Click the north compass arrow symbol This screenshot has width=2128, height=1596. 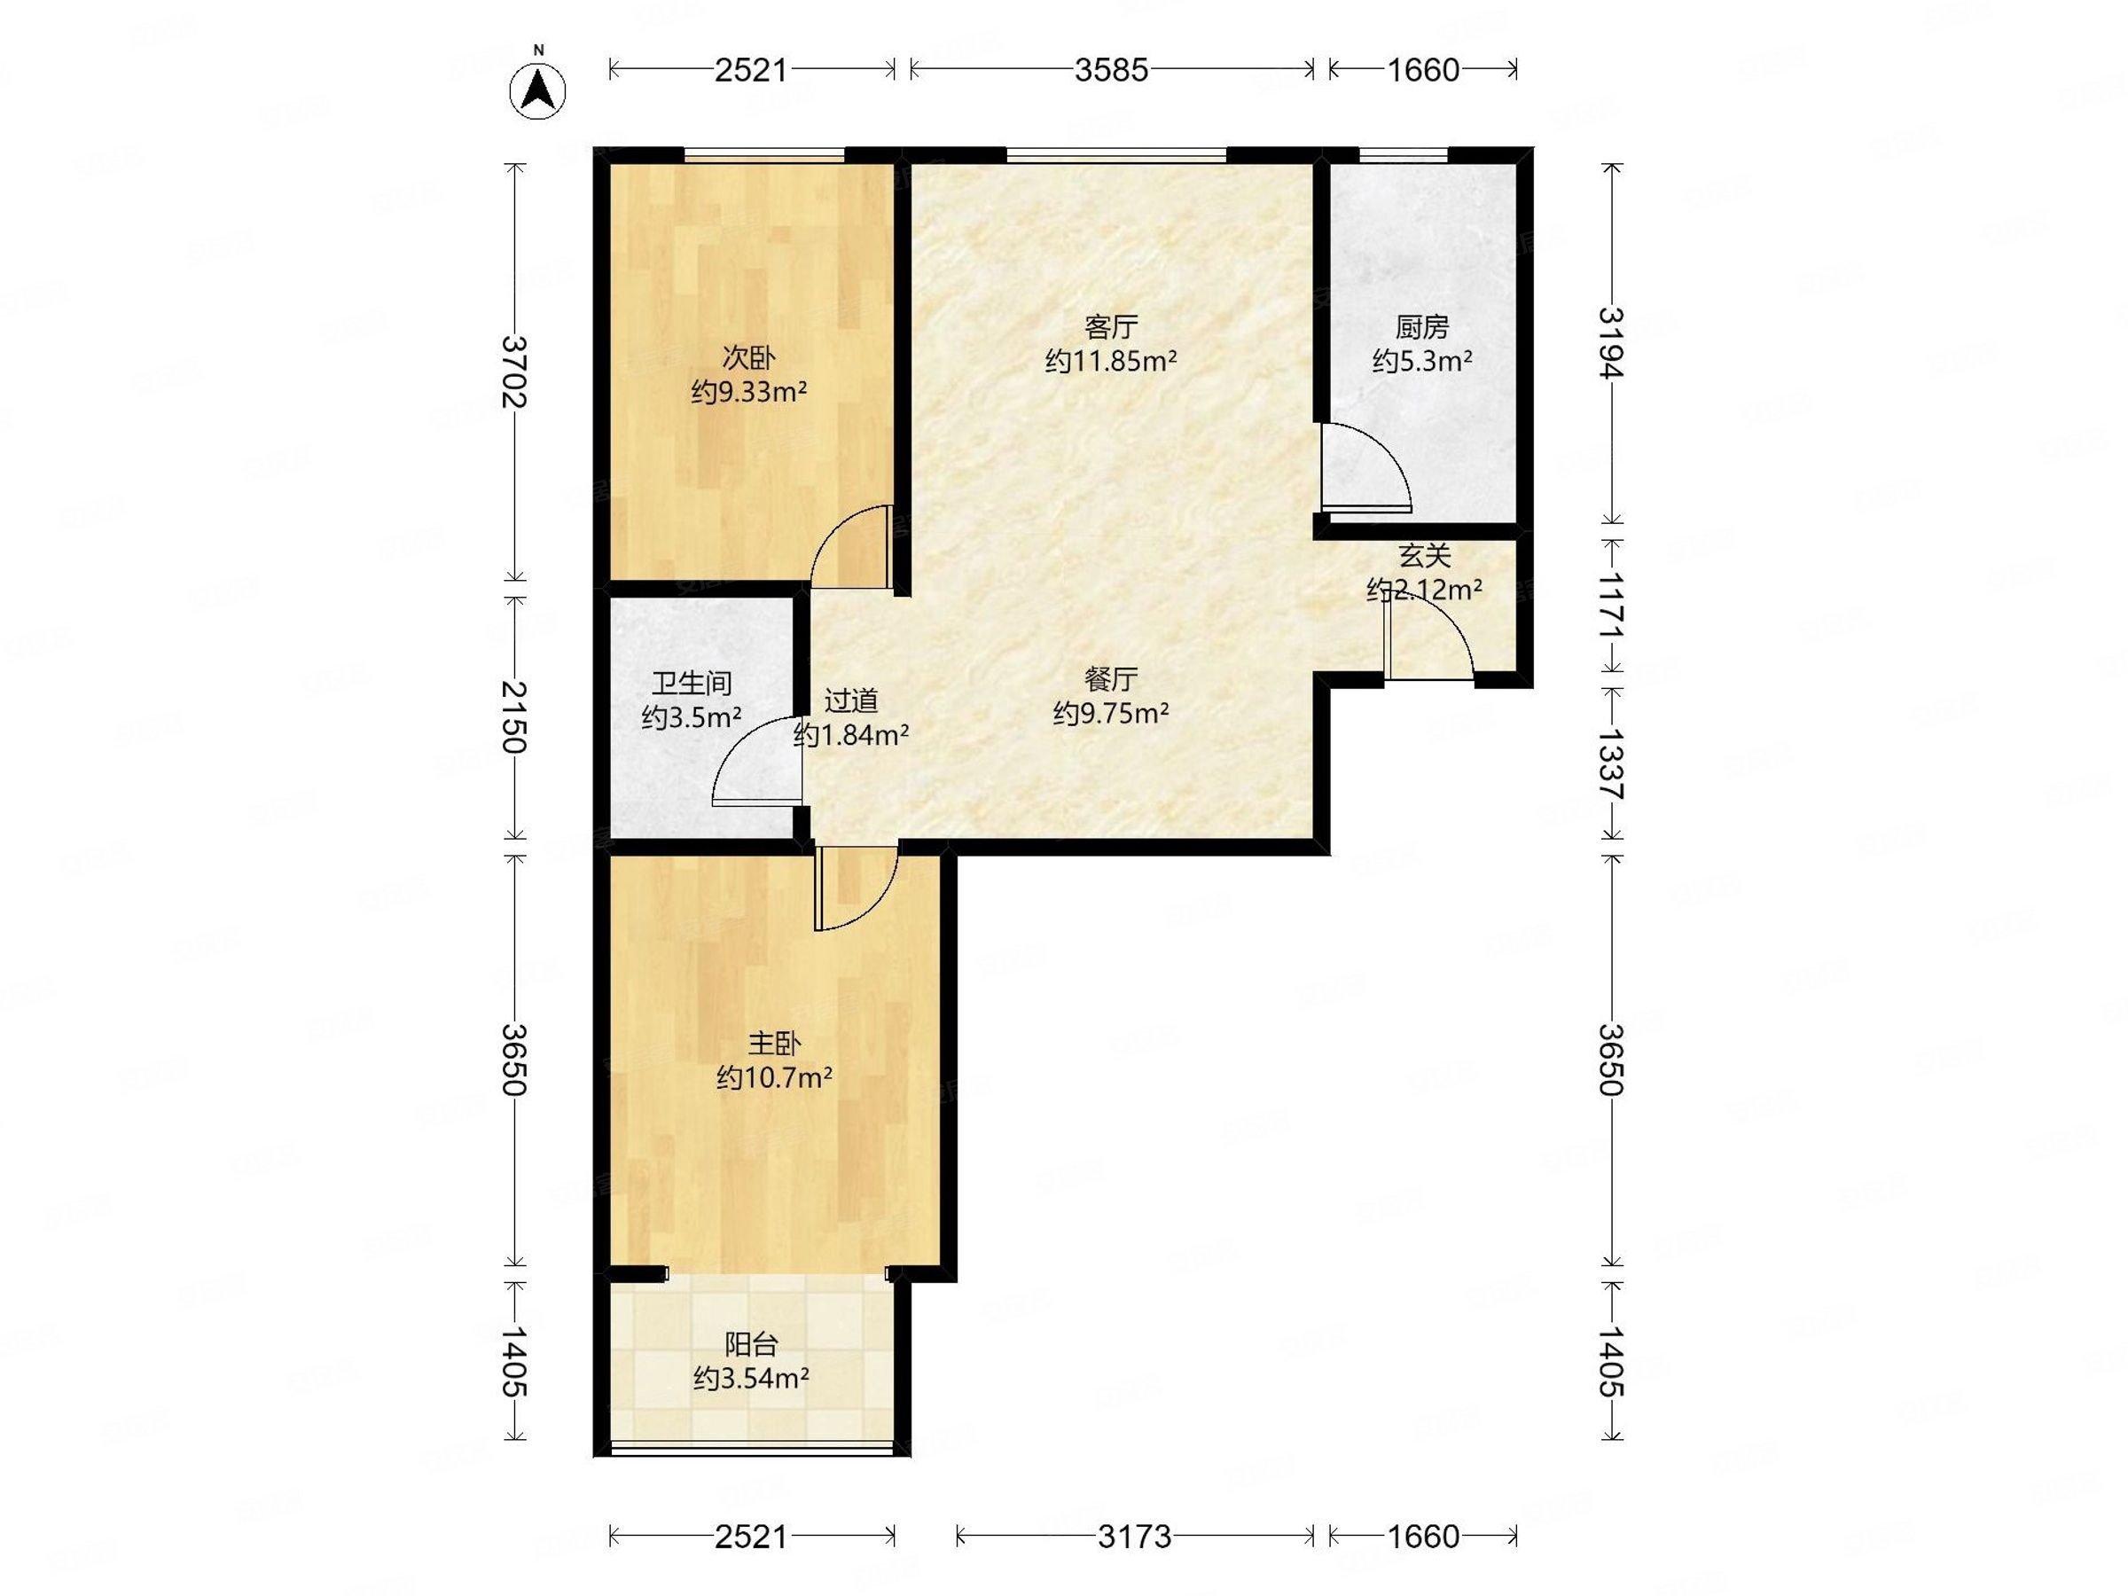538,89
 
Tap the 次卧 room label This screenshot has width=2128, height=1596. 748,358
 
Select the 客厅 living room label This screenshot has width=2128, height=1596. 1111,327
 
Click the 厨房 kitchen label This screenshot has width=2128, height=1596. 1422,327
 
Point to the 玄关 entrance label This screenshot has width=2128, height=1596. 1425,555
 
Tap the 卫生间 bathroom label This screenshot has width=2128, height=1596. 692,683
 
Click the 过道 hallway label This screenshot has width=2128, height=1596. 851,700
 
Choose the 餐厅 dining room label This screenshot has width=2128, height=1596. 1111,679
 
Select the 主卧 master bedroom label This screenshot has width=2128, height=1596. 774,1043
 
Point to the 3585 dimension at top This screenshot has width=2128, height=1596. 1111,69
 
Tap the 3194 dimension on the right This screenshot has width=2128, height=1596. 1611,343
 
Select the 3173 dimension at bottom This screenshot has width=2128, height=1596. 1134,1537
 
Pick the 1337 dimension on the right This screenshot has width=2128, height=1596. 1611,765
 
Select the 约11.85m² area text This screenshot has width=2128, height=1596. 1111,362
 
